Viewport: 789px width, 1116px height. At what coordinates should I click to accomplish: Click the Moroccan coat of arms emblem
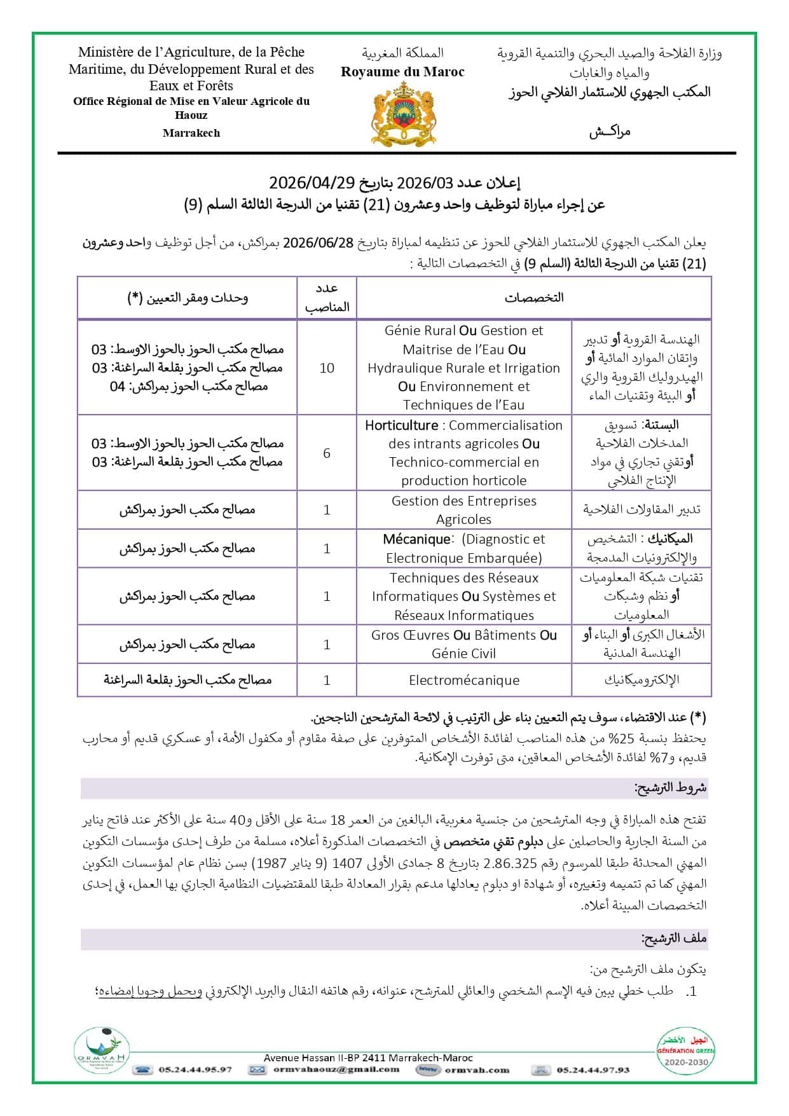tap(403, 116)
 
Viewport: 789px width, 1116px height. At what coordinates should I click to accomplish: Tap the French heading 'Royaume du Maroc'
tap(402, 72)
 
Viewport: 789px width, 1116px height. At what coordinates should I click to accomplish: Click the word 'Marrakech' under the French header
tap(191, 133)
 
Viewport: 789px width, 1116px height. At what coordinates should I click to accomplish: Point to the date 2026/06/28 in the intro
tap(318, 243)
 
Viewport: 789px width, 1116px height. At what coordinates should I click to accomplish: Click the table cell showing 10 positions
tap(327, 368)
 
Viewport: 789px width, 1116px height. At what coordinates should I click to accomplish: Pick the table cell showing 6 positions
tap(327, 453)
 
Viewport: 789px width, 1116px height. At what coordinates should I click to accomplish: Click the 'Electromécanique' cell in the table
tap(463, 680)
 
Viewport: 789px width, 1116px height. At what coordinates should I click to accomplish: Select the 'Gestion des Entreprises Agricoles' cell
tap(463, 510)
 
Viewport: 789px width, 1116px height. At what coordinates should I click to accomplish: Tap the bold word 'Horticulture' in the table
tap(401, 425)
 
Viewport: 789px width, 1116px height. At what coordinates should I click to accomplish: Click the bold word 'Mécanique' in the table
tap(416, 539)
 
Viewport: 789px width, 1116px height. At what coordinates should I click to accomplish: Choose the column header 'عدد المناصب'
tap(327, 298)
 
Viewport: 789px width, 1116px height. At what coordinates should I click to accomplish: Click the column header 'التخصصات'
tap(534, 298)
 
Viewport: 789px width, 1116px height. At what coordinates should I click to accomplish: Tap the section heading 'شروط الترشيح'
tap(670, 788)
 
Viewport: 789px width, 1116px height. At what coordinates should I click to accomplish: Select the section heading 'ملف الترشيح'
tap(673, 939)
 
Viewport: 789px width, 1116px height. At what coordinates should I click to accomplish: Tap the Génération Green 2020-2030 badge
tap(686, 1052)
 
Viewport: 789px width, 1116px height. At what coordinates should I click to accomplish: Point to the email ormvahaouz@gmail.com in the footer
tap(336, 1070)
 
